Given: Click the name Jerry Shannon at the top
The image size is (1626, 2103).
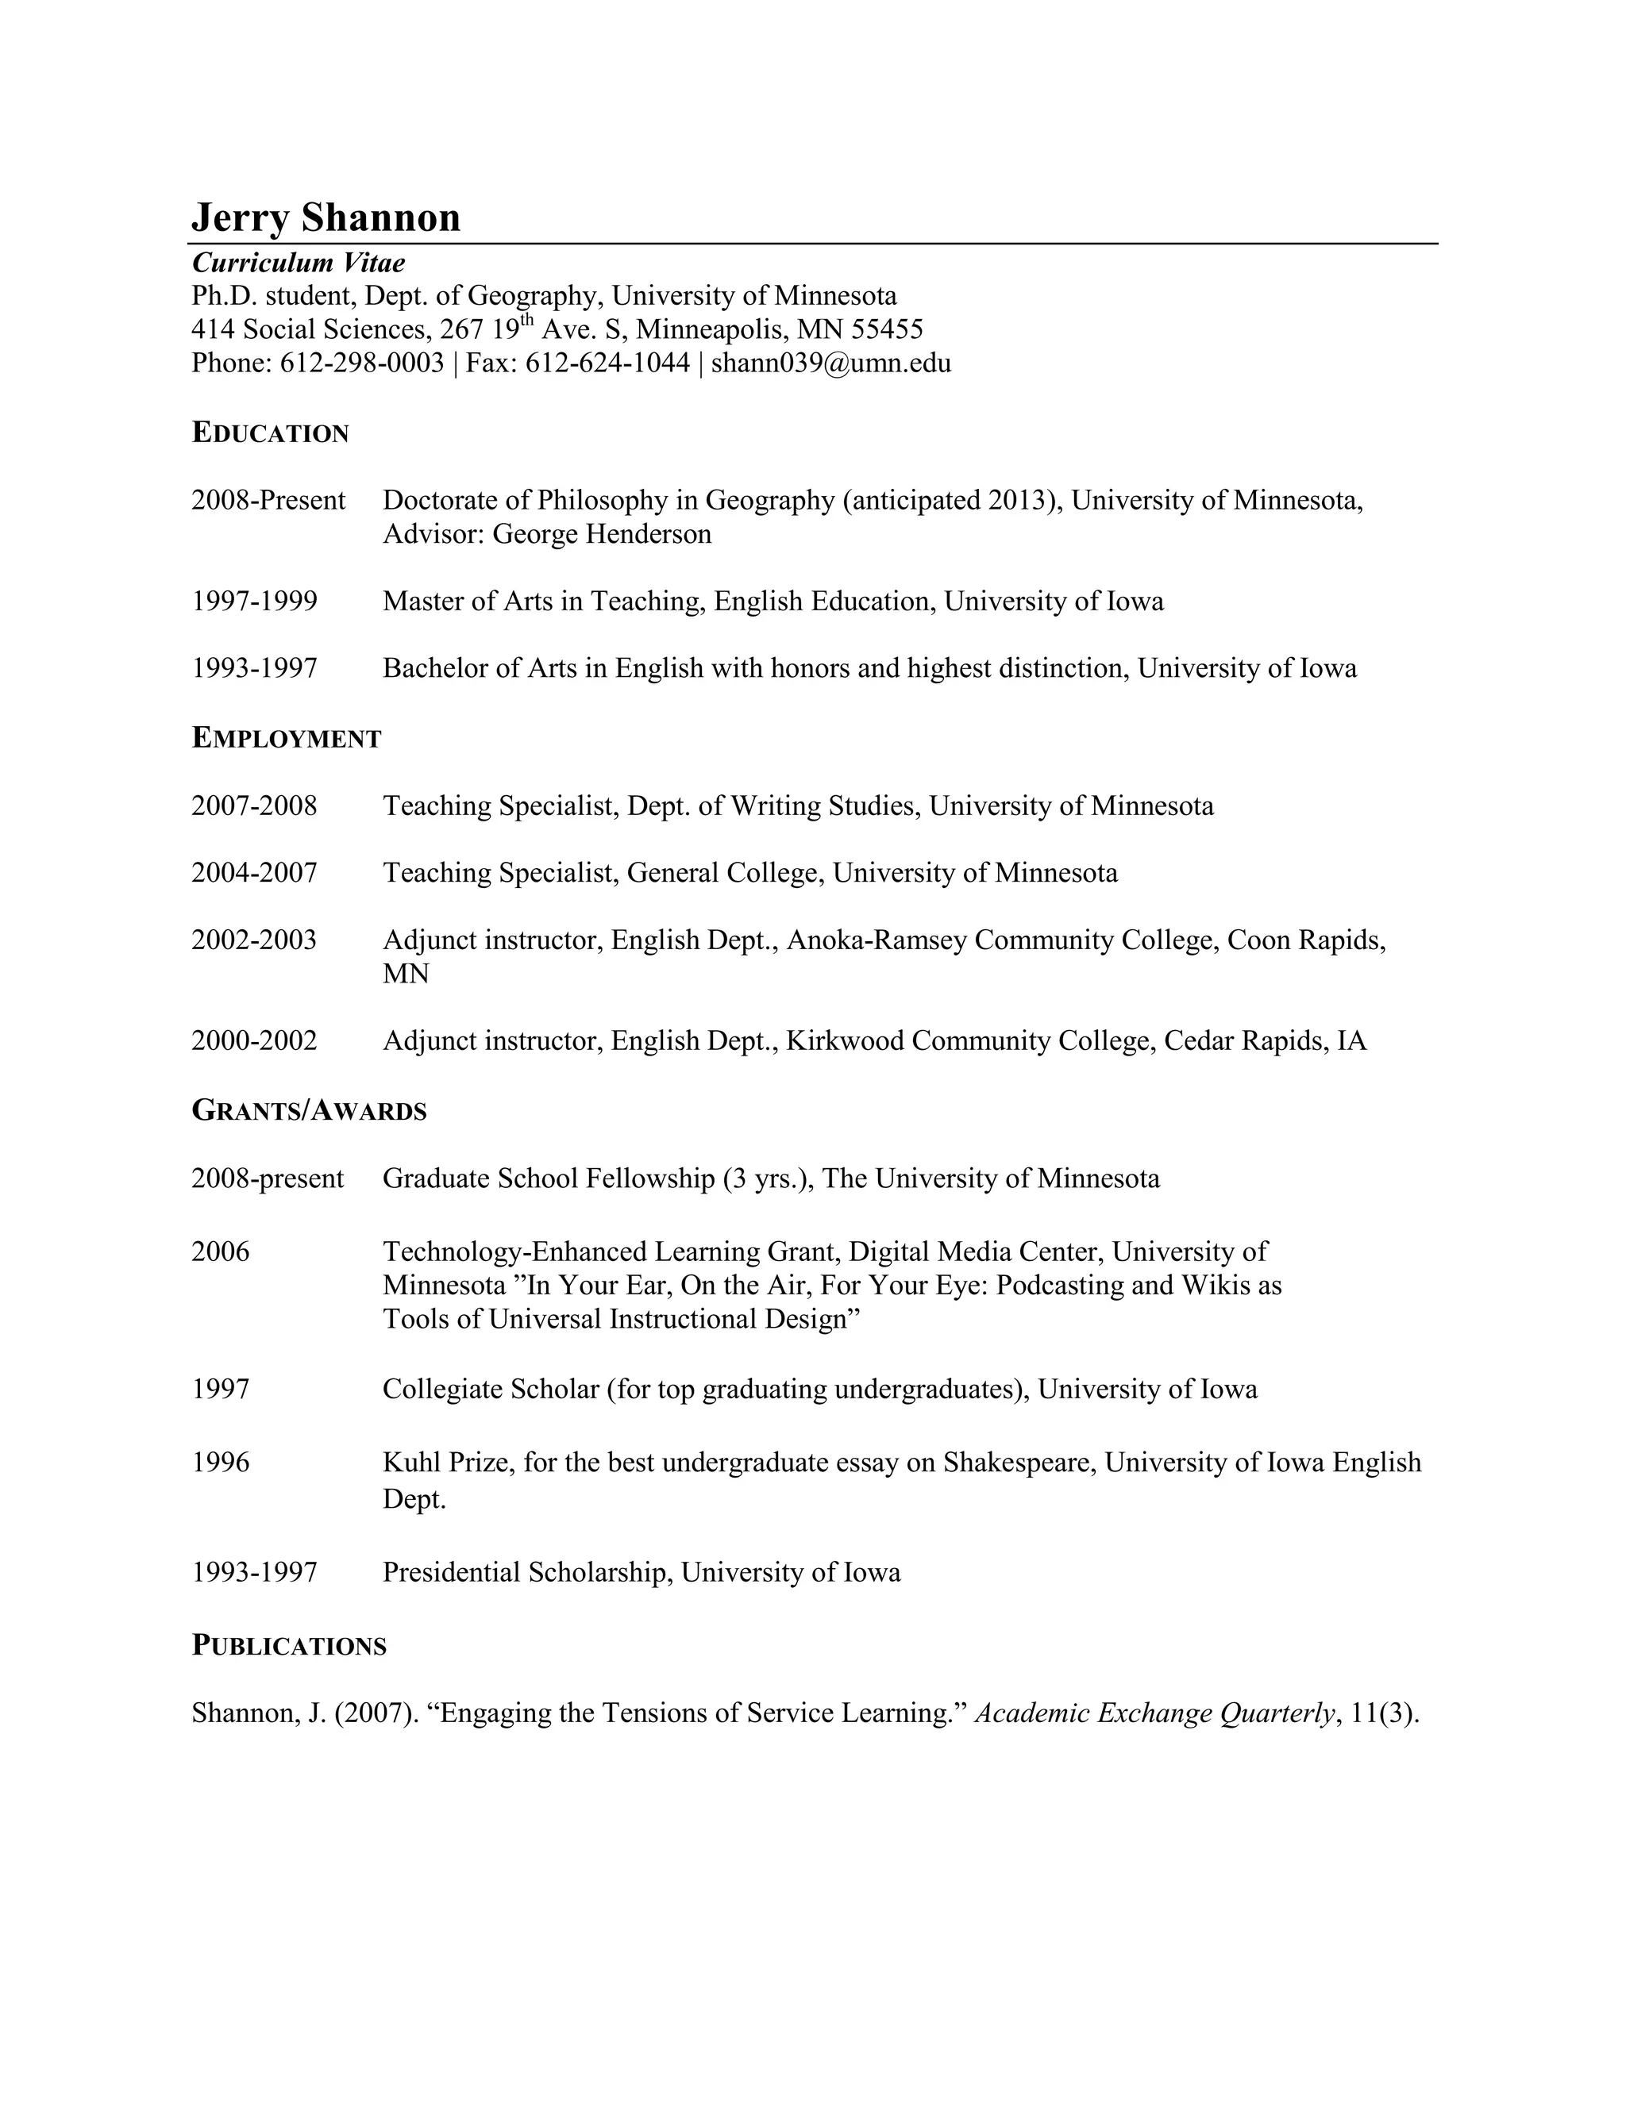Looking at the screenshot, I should coord(326,217).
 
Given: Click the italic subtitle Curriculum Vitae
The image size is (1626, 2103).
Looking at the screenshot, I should coord(298,263).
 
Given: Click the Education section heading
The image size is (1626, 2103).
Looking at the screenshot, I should coord(270,433).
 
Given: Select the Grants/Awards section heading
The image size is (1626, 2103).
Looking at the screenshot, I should coord(308,1111).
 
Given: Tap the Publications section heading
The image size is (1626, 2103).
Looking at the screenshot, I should coord(289,1646).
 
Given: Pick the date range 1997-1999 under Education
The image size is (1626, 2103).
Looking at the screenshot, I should coord(254,602).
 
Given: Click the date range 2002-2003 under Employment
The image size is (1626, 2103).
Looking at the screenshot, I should coord(254,940).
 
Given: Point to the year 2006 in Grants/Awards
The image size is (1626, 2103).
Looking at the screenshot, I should coord(221,1251).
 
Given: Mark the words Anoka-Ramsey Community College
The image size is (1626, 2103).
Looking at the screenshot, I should coord(1003,940).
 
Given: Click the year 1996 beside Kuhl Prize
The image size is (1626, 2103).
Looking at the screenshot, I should coord(221,1463).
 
